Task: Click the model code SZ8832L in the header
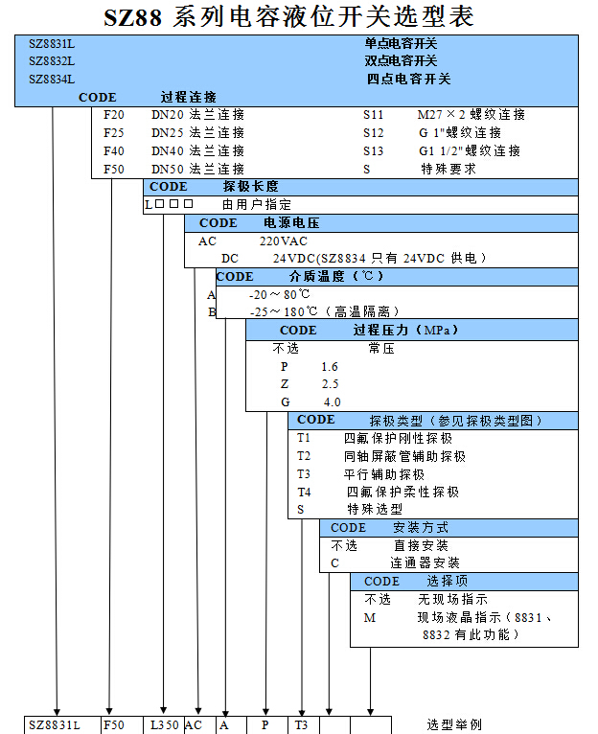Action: click(52, 60)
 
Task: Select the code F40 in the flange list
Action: click(113, 150)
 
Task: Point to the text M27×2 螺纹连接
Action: click(471, 115)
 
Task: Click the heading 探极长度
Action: click(250, 186)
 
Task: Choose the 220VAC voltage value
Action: click(283, 241)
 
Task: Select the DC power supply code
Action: click(230, 259)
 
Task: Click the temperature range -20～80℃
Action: click(279, 294)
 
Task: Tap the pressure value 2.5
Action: click(331, 383)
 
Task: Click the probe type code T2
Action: click(304, 456)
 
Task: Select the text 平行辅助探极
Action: click(384, 474)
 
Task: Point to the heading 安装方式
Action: click(420, 527)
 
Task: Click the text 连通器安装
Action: click(425, 562)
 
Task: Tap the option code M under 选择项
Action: click(370, 618)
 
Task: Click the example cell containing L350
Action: click(164, 725)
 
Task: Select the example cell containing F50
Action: click(113, 725)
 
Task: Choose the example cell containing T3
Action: click(301, 725)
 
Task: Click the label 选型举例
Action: click(454, 725)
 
